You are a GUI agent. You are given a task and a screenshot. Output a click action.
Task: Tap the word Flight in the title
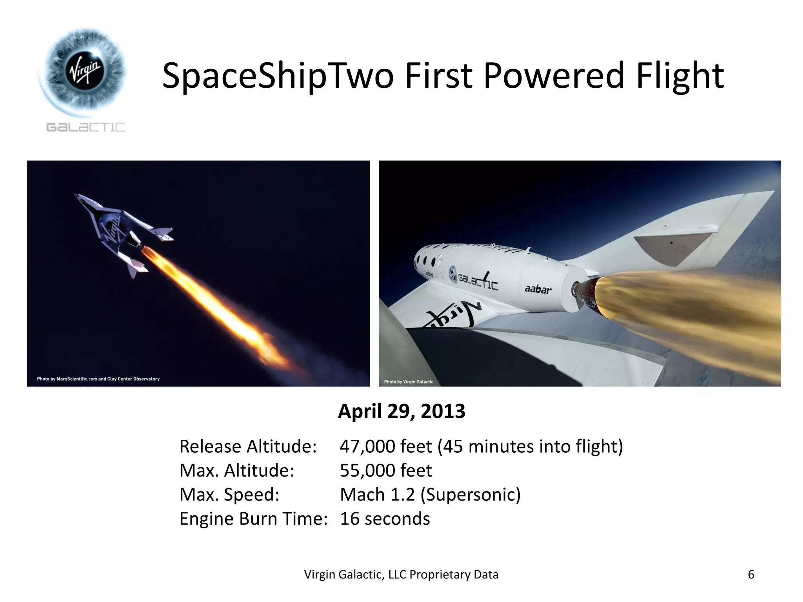[x=679, y=76]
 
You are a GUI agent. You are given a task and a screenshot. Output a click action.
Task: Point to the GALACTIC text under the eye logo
[x=86, y=127]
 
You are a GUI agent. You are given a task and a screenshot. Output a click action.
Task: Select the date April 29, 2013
[x=401, y=412]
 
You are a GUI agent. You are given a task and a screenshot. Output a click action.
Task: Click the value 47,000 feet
[x=385, y=447]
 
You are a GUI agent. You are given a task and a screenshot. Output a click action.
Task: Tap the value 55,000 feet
[x=385, y=471]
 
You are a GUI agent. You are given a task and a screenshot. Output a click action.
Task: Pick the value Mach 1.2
[x=377, y=495]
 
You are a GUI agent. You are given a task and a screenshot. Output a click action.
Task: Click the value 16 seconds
[x=385, y=519]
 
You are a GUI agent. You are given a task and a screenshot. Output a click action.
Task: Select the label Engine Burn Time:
[x=253, y=519]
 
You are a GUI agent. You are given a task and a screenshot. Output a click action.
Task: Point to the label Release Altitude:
[x=248, y=447]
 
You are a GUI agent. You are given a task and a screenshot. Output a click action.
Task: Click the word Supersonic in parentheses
[x=471, y=495]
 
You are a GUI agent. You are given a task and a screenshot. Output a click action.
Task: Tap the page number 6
[x=751, y=575]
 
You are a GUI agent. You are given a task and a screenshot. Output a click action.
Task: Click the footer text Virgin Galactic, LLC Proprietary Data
[x=401, y=575]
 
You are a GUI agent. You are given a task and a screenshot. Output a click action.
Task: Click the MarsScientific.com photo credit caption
[x=98, y=379]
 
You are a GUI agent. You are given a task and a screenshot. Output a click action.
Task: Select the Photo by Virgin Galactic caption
[x=408, y=382]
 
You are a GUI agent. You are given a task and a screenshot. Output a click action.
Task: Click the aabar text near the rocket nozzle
[x=538, y=290]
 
